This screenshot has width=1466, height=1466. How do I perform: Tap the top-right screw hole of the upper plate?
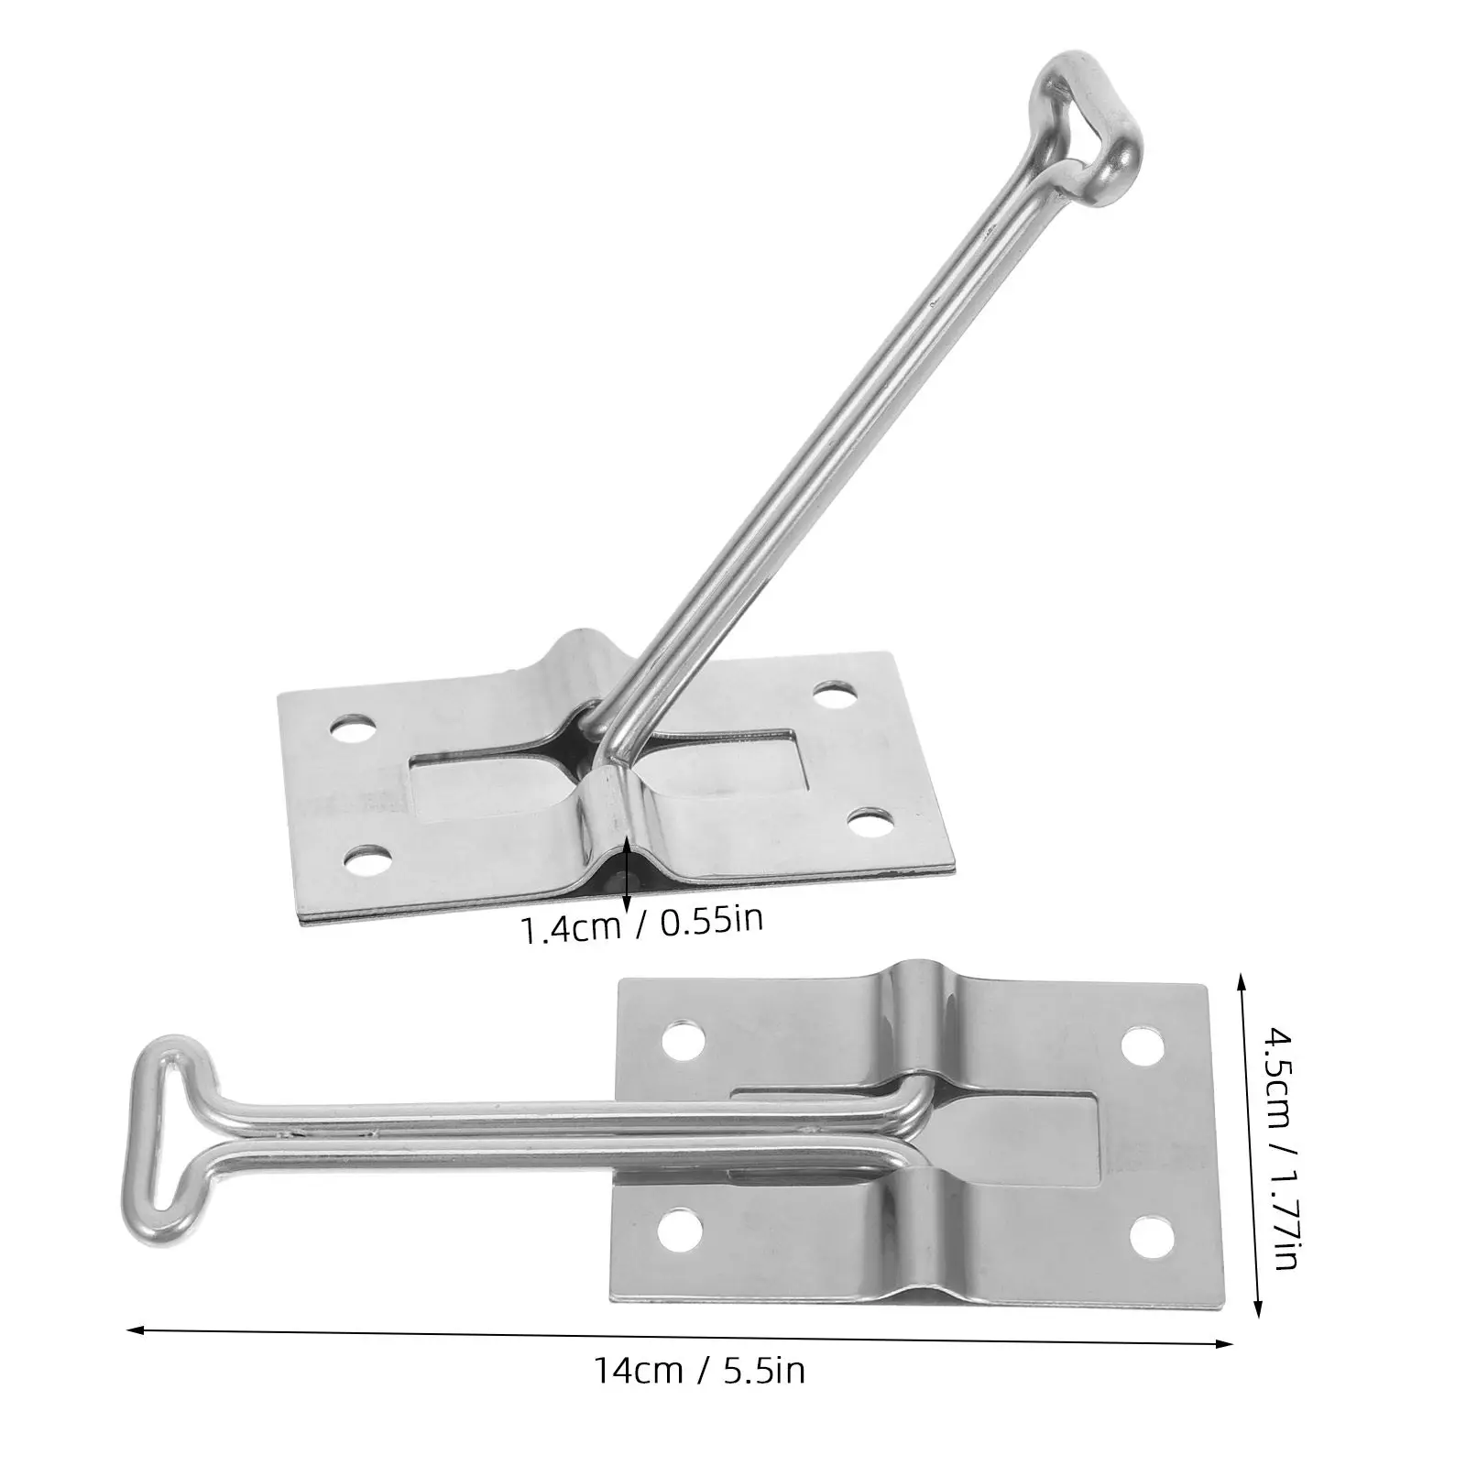pos(833,697)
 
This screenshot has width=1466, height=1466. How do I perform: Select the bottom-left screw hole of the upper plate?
pos(368,857)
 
